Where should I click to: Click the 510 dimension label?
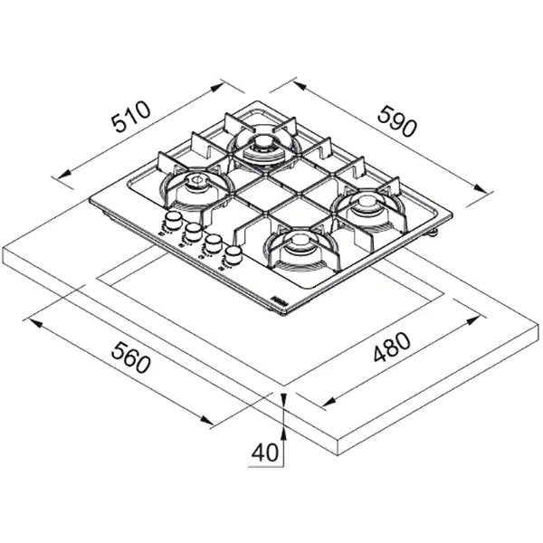click(131, 117)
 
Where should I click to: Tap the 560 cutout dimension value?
click(131, 357)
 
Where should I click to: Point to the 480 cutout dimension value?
click(392, 347)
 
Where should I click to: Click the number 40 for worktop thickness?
click(264, 452)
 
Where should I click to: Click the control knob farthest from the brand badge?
click(173, 220)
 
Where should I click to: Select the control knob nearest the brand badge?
click(233, 255)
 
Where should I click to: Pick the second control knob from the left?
click(193, 232)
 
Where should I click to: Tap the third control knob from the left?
click(213, 243)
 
